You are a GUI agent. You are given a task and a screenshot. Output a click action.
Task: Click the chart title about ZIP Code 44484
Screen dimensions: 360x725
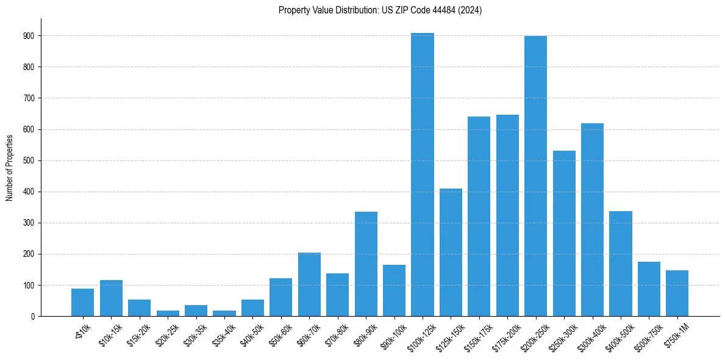tap(380, 10)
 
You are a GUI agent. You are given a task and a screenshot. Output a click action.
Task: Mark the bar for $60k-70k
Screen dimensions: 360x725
tap(309, 284)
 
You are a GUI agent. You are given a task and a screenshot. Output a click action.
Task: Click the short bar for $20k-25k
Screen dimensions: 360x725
tap(168, 313)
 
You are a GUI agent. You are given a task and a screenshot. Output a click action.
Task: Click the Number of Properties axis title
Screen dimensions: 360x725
tap(10, 167)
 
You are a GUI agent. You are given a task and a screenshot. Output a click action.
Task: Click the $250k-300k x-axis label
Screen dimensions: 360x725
tap(561, 334)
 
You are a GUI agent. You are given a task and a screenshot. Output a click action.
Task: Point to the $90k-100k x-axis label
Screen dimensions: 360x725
tap(391, 334)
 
